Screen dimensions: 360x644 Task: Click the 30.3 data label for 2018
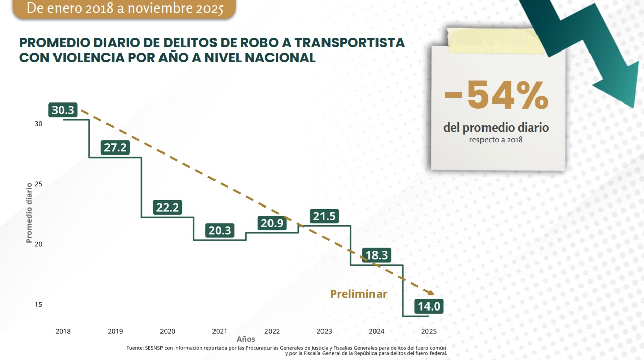click(x=63, y=110)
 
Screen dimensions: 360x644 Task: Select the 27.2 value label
click(x=115, y=147)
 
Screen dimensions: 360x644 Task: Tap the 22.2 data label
click(x=168, y=208)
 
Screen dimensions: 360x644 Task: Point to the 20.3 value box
click(x=220, y=230)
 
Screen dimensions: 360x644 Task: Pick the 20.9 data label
click(x=272, y=223)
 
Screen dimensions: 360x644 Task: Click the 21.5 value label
click(x=324, y=216)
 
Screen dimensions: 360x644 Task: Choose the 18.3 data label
click(x=376, y=255)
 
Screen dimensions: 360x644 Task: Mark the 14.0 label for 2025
click(x=429, y=306)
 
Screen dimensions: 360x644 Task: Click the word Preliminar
click(x=358, y=294)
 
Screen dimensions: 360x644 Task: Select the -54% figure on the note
click(x=496, y=95)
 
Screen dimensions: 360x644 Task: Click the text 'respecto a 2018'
click(x=496, y=139)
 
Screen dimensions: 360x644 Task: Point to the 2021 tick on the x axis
click(x=220, y=331)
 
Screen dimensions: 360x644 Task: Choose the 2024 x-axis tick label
click(x=377, y=331)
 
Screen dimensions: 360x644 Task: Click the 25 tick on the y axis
click(x=38, y=184)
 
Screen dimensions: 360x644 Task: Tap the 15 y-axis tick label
click(x=38, y=305)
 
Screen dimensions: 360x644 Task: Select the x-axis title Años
click(x=246, y=339)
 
